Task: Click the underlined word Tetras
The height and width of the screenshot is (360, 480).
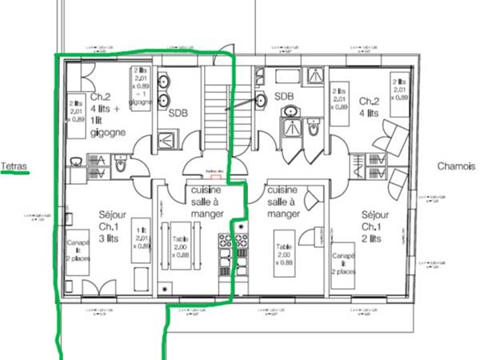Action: click(14, 166)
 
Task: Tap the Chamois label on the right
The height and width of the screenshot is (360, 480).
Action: click(458, 166)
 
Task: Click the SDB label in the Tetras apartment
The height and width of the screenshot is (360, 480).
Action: click(178, 112)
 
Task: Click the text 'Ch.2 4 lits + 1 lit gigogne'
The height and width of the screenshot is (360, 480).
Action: click(106, 112)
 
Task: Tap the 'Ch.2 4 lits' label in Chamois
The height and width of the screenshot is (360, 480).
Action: click(369, 107)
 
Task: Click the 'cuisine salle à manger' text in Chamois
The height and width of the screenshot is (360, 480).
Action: click(284, 202)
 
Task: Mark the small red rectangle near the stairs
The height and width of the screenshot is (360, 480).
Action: click(212, 175)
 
